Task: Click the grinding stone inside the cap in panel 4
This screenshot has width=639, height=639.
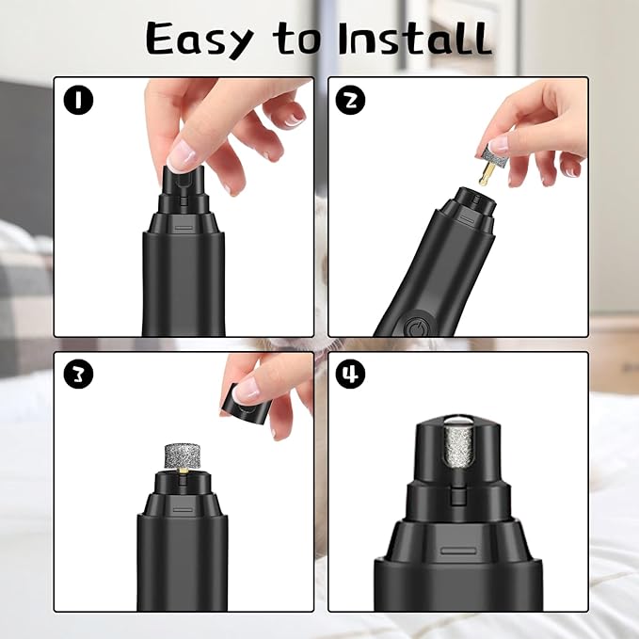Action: point(456,458)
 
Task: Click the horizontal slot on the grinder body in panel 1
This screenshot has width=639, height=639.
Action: point(183,228)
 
